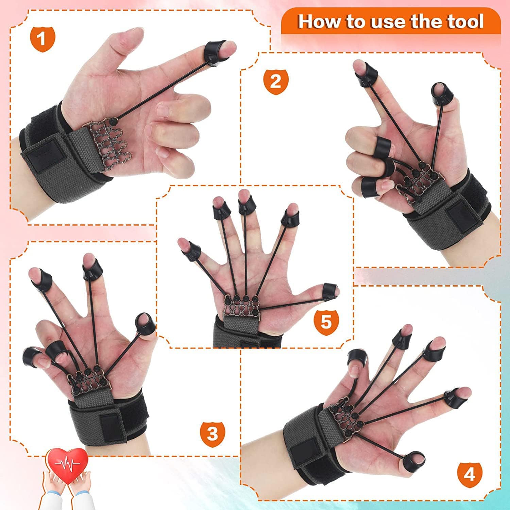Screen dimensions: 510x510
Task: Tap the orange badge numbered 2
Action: pyautogui.click(x=276, y=82)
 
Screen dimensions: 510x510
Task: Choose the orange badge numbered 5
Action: pyautogui.click(x=326, y=321)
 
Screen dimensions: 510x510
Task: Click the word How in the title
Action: pyautogui.click(x=320, y=22)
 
